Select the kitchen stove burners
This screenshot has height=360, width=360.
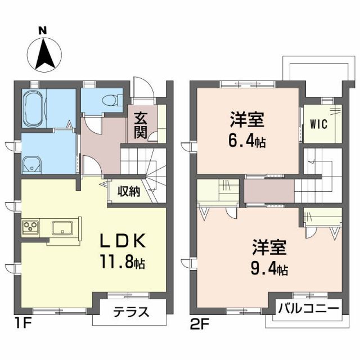coord(30,228)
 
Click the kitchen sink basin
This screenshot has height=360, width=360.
coord(62,228)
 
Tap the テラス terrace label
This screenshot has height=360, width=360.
coord(132,311)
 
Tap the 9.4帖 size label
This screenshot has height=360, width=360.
coord(269,269)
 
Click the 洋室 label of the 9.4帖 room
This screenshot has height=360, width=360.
coord(269,248)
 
